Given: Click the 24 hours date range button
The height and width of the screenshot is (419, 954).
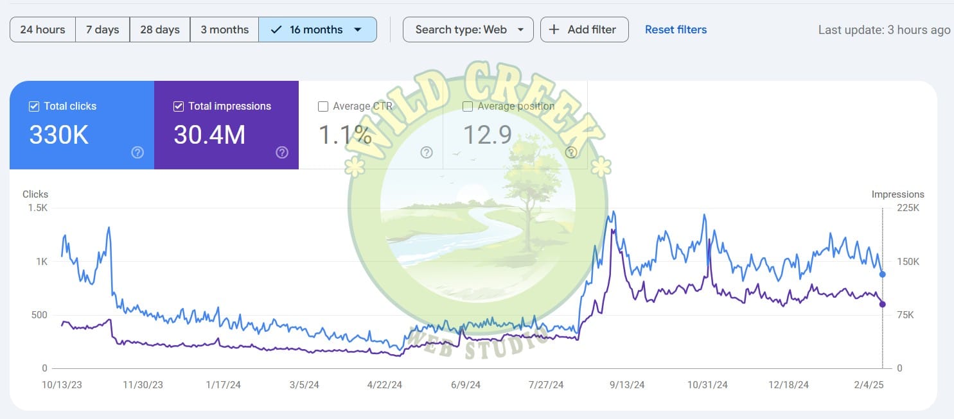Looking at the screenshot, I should click(42, 30).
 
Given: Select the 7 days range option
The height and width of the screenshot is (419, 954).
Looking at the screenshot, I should click(103, 30).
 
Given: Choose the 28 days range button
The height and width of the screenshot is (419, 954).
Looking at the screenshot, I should click(159, 30).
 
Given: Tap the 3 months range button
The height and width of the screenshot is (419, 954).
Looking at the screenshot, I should click(224, 30).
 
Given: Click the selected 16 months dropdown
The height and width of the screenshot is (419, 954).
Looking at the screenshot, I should click(317, 30).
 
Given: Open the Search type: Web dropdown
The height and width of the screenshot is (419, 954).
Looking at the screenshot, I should click(468, 30).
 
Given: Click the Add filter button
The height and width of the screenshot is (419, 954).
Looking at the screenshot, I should click(584, 30).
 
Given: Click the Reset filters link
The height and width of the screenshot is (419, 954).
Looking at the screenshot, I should click(676, 30).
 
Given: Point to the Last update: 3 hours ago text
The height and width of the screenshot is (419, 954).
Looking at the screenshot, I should click(884, 30).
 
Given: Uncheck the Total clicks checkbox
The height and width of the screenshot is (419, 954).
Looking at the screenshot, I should click(34, 107).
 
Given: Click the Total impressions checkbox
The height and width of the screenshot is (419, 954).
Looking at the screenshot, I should click(179, 107).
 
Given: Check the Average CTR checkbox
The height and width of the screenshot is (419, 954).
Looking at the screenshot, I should click(323, 107).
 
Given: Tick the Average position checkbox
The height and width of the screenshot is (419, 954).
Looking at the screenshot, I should click(468, 107).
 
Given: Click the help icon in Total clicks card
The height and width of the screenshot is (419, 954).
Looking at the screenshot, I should click(137, 153).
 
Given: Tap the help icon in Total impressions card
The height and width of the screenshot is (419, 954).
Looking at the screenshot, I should click(282, 153).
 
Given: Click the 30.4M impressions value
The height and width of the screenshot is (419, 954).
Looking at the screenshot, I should click(209, 135).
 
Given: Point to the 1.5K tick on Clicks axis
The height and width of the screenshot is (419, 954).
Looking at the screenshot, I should click(37, 208).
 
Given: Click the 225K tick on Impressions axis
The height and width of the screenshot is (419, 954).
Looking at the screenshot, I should click(908, 208).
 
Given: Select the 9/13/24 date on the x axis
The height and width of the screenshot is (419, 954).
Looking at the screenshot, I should click(626, 385).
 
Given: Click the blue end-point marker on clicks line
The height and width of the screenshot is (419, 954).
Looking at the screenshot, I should click(883, 275).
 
